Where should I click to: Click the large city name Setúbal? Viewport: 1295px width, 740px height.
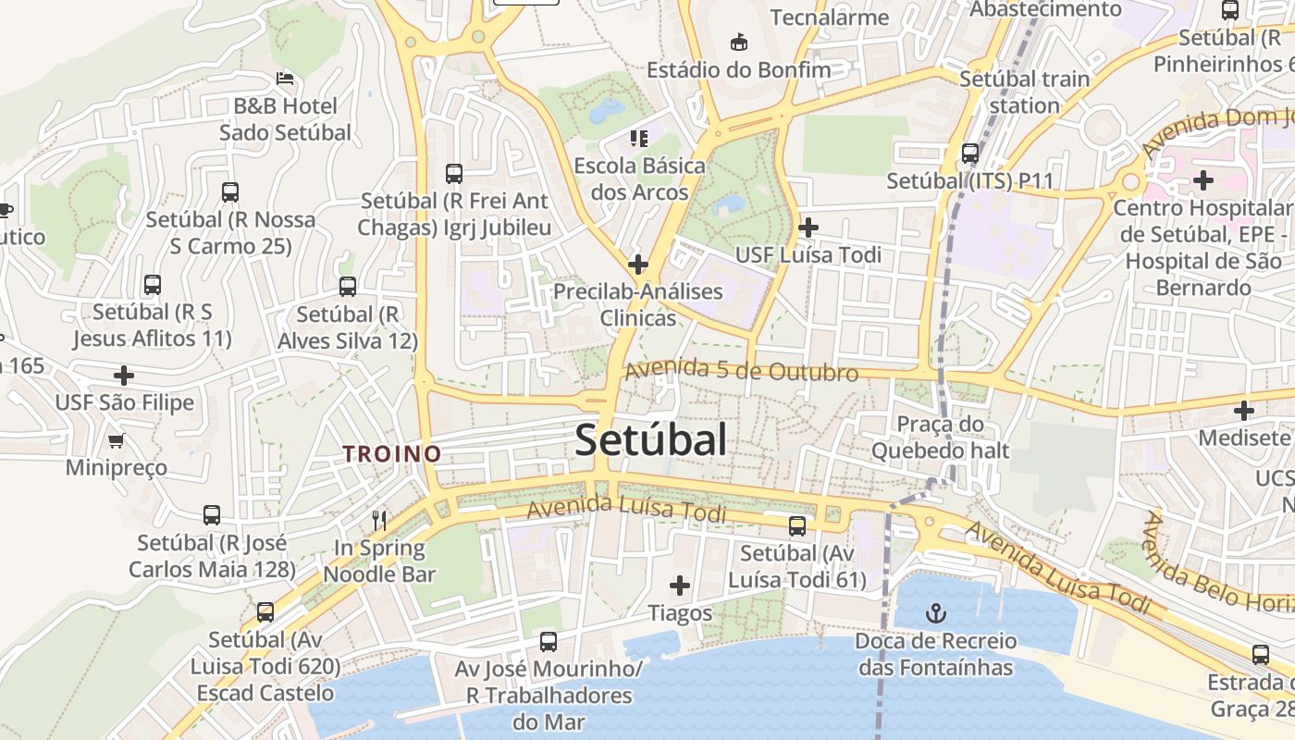pos(651,440)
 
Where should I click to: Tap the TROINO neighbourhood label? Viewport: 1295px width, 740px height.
pos(392,453)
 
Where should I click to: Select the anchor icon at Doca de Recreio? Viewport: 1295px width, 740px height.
pos(936,612)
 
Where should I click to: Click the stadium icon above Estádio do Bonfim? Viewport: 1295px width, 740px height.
pos(738,42)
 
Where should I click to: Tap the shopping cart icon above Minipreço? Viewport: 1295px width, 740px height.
pos(117,440)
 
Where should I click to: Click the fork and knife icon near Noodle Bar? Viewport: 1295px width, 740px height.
pos(378,520)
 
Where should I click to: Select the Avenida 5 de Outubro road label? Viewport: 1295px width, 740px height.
pos(742,371)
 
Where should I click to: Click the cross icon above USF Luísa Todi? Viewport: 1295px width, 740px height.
pos(808,227)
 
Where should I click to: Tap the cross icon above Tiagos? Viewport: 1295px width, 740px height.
pos(680,585)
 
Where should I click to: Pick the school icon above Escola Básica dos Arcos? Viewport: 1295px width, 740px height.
pos(638,139)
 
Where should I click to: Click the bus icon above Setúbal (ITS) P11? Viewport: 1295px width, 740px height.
pos(970,153)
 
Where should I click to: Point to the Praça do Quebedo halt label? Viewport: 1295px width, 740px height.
pos(941,438)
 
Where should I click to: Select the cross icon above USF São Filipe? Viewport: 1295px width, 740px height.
pos(124,376)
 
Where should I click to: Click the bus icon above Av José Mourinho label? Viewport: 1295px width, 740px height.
pos(549,641)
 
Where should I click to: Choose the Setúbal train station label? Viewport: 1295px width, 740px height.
pos(1024,92)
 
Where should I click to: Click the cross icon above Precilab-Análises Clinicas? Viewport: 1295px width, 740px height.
pos(637,265)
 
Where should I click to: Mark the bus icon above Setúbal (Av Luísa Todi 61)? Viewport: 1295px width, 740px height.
pos(797,526)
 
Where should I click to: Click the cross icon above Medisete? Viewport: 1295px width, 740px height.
pos(1244,410)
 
